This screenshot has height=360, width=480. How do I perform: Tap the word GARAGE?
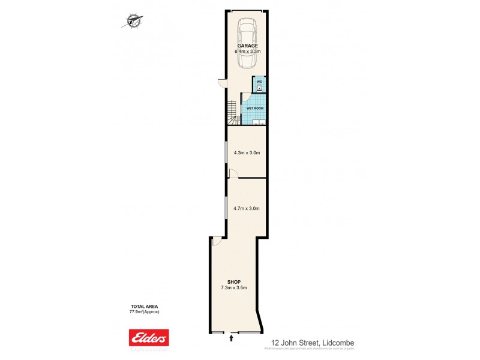pos(247,46)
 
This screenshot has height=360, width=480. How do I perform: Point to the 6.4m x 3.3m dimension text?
pos(247,52)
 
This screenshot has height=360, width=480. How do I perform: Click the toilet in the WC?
pos(259,88)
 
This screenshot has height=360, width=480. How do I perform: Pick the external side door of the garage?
pos(221,83)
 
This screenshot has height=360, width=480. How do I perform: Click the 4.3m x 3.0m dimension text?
pos(246,153)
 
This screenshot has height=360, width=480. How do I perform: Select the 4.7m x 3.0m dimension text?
pos(246,209)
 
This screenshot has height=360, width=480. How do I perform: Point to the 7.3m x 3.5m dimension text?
pos(234,288)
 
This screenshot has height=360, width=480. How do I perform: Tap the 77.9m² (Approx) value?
pos(144,312)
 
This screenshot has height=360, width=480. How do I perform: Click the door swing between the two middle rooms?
pos(233,173)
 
